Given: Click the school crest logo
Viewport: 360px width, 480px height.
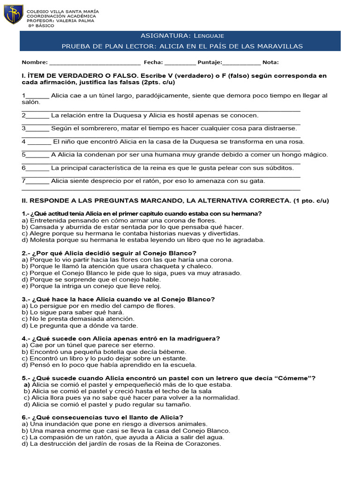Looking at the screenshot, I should coord(13,15).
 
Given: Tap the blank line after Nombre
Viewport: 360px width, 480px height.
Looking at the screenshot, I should coord(94,62).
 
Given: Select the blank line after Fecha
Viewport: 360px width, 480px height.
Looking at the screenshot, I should coord(180,62).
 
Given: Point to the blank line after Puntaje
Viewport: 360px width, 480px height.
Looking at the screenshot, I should coord(241,62).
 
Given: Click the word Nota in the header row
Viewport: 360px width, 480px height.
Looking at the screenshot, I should coord(270,62).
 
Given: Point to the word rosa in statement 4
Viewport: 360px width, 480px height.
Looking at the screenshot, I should coord(295,142).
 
